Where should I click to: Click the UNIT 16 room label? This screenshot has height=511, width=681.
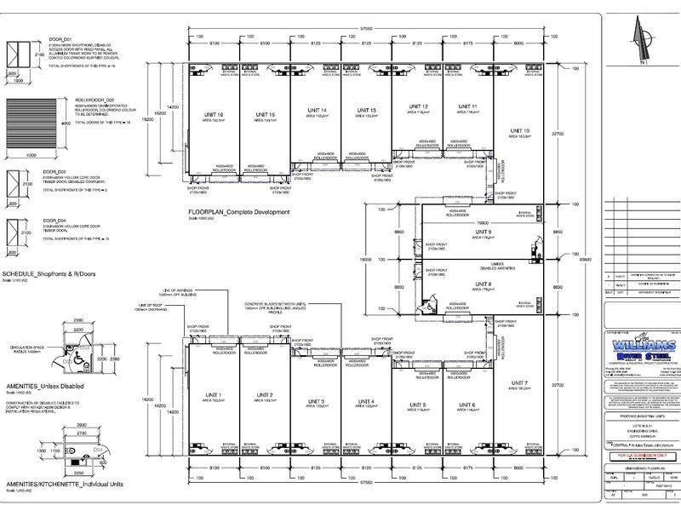point(215,115)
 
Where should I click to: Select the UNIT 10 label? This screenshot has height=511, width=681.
point(520,130)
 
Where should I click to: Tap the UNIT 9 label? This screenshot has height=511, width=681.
point(484,231)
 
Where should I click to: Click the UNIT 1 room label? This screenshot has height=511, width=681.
point(213,395)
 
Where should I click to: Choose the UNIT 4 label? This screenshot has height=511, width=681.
point(367,401)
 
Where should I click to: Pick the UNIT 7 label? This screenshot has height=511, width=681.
point(521,384)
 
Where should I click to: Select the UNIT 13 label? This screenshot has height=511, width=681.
point(367,111)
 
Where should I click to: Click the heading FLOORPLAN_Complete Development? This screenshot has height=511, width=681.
point(241,211)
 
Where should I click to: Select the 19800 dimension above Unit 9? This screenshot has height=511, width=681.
point(484,217)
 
